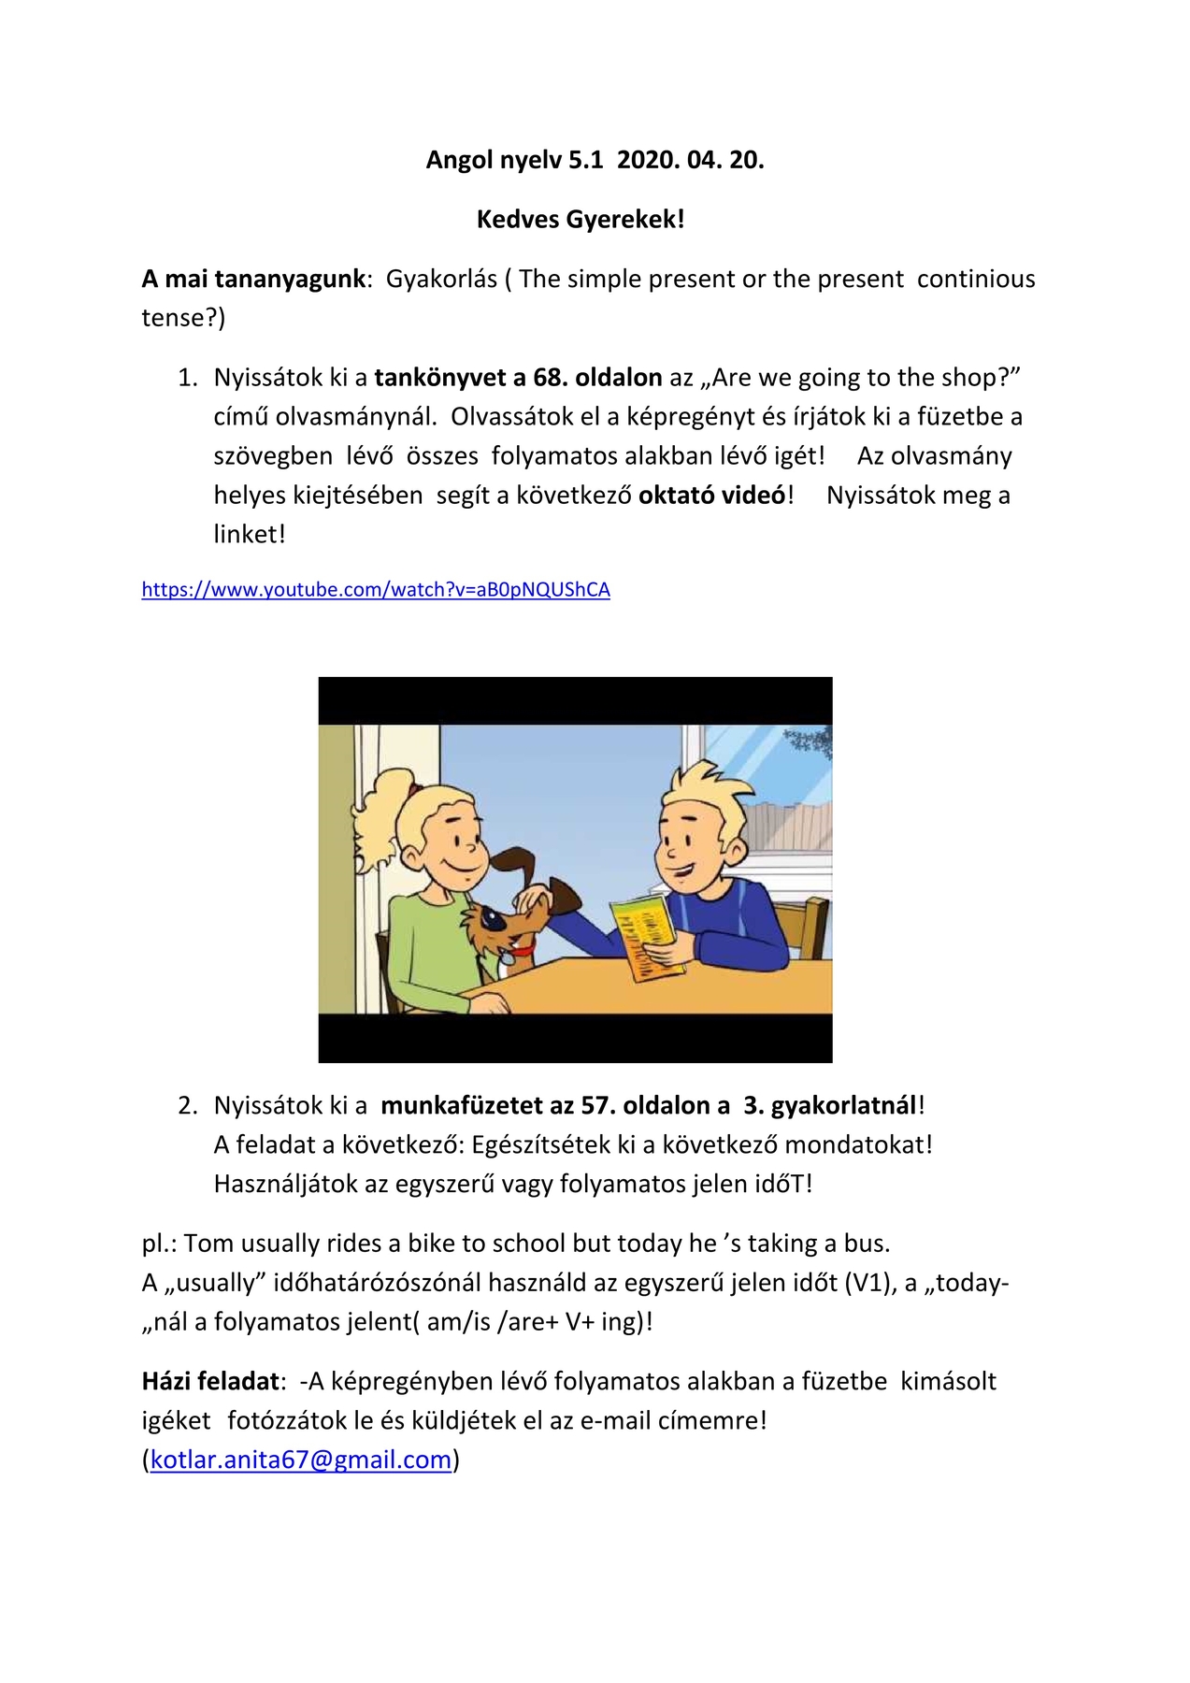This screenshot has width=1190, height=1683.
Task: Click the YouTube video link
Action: [376, 590]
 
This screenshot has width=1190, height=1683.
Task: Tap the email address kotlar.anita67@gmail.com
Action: [301, 1460]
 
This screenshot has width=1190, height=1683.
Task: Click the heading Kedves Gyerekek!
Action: [581, 220]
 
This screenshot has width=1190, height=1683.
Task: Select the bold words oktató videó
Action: [712, 495]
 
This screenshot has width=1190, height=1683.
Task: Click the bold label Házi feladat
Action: [211, 1381]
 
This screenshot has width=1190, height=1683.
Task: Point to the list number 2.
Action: [188, 1105]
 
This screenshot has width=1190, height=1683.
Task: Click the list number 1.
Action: [188, 378]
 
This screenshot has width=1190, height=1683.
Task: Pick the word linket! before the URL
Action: [250, 534]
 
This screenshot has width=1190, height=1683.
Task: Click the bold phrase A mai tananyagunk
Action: [253, 279]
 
